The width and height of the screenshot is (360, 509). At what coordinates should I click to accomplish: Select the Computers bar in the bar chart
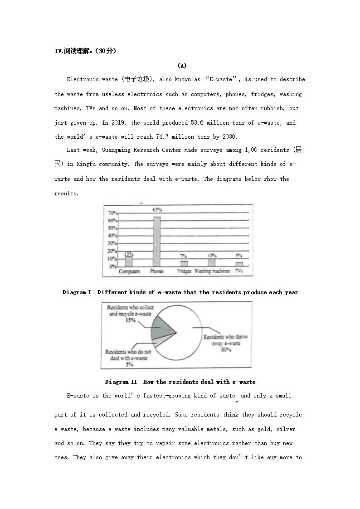129,262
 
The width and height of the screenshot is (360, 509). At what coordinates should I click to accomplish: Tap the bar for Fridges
184,263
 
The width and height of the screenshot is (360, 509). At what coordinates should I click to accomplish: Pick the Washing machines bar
212,262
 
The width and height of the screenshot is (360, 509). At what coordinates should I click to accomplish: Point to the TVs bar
239,264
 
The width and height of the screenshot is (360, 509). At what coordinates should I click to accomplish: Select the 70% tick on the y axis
113,213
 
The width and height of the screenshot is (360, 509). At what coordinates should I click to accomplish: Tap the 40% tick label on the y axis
113,236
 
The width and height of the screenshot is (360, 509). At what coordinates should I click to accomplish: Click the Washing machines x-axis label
212,271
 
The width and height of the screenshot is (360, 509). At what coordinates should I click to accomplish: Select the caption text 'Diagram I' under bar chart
77,292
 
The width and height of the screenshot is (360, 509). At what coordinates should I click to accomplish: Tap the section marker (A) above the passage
181,66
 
